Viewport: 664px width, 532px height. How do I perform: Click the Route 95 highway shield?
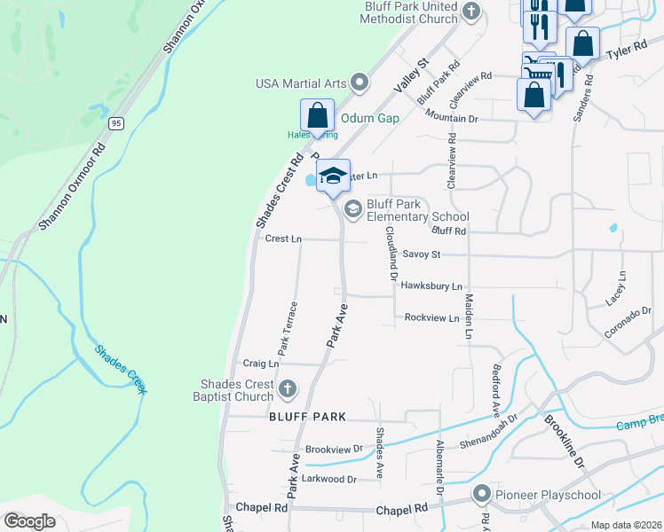(115, 123)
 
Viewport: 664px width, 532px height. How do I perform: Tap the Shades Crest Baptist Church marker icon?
(287, 388)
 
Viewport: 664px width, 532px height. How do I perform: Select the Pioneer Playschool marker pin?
(483, 494)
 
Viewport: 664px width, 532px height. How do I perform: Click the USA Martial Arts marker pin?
(360, 83)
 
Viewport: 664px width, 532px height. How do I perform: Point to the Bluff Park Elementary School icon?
(352, 208)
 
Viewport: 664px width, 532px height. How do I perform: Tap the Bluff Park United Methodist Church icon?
(470, 12)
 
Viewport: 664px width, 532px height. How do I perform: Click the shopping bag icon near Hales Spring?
(317, 116)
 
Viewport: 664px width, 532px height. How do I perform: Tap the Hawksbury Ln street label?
(431, 286)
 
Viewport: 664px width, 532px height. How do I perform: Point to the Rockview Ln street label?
(431, 317)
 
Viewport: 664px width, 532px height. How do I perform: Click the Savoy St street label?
(422, 254)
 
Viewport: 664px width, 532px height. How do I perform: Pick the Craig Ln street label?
(261, 364)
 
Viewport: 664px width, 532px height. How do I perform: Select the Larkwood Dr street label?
(330, 479)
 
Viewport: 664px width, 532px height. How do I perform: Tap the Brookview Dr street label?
(334, 450)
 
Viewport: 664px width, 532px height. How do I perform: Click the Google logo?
(30, 521)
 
